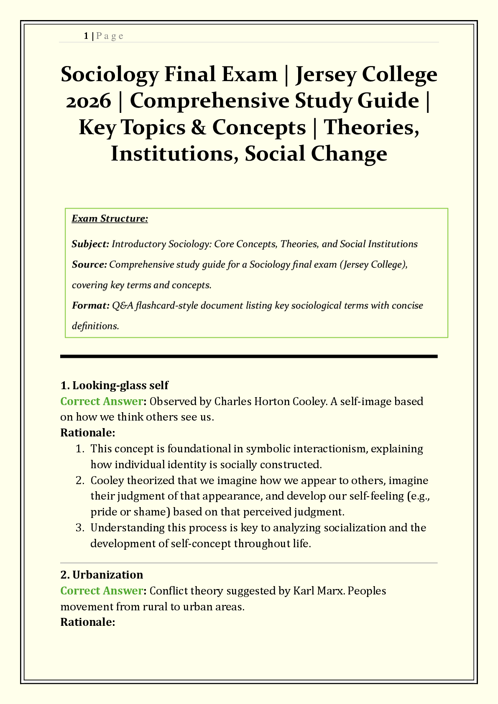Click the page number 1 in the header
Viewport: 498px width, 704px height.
pos(86,36)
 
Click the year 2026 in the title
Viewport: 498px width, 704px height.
pos(89,101)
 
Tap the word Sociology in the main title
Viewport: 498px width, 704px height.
pos(110,74)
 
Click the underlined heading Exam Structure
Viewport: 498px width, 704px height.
pos(110,219)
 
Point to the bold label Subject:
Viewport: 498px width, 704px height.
pos(90,244)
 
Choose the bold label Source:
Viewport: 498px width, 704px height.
pos(89,265)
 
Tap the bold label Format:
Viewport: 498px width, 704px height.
pos(90,306)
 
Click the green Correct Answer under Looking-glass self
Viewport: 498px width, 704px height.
pos(102,401)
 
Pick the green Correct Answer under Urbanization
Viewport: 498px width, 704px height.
pos(102,591)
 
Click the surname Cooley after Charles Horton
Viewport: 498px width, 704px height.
pos(308,401)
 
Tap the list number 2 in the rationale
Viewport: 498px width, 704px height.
pos(79,480)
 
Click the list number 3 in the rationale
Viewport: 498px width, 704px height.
pos(79,528)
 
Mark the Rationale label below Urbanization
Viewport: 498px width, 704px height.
pos(87,622)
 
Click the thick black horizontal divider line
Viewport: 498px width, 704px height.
pos(249,356)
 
